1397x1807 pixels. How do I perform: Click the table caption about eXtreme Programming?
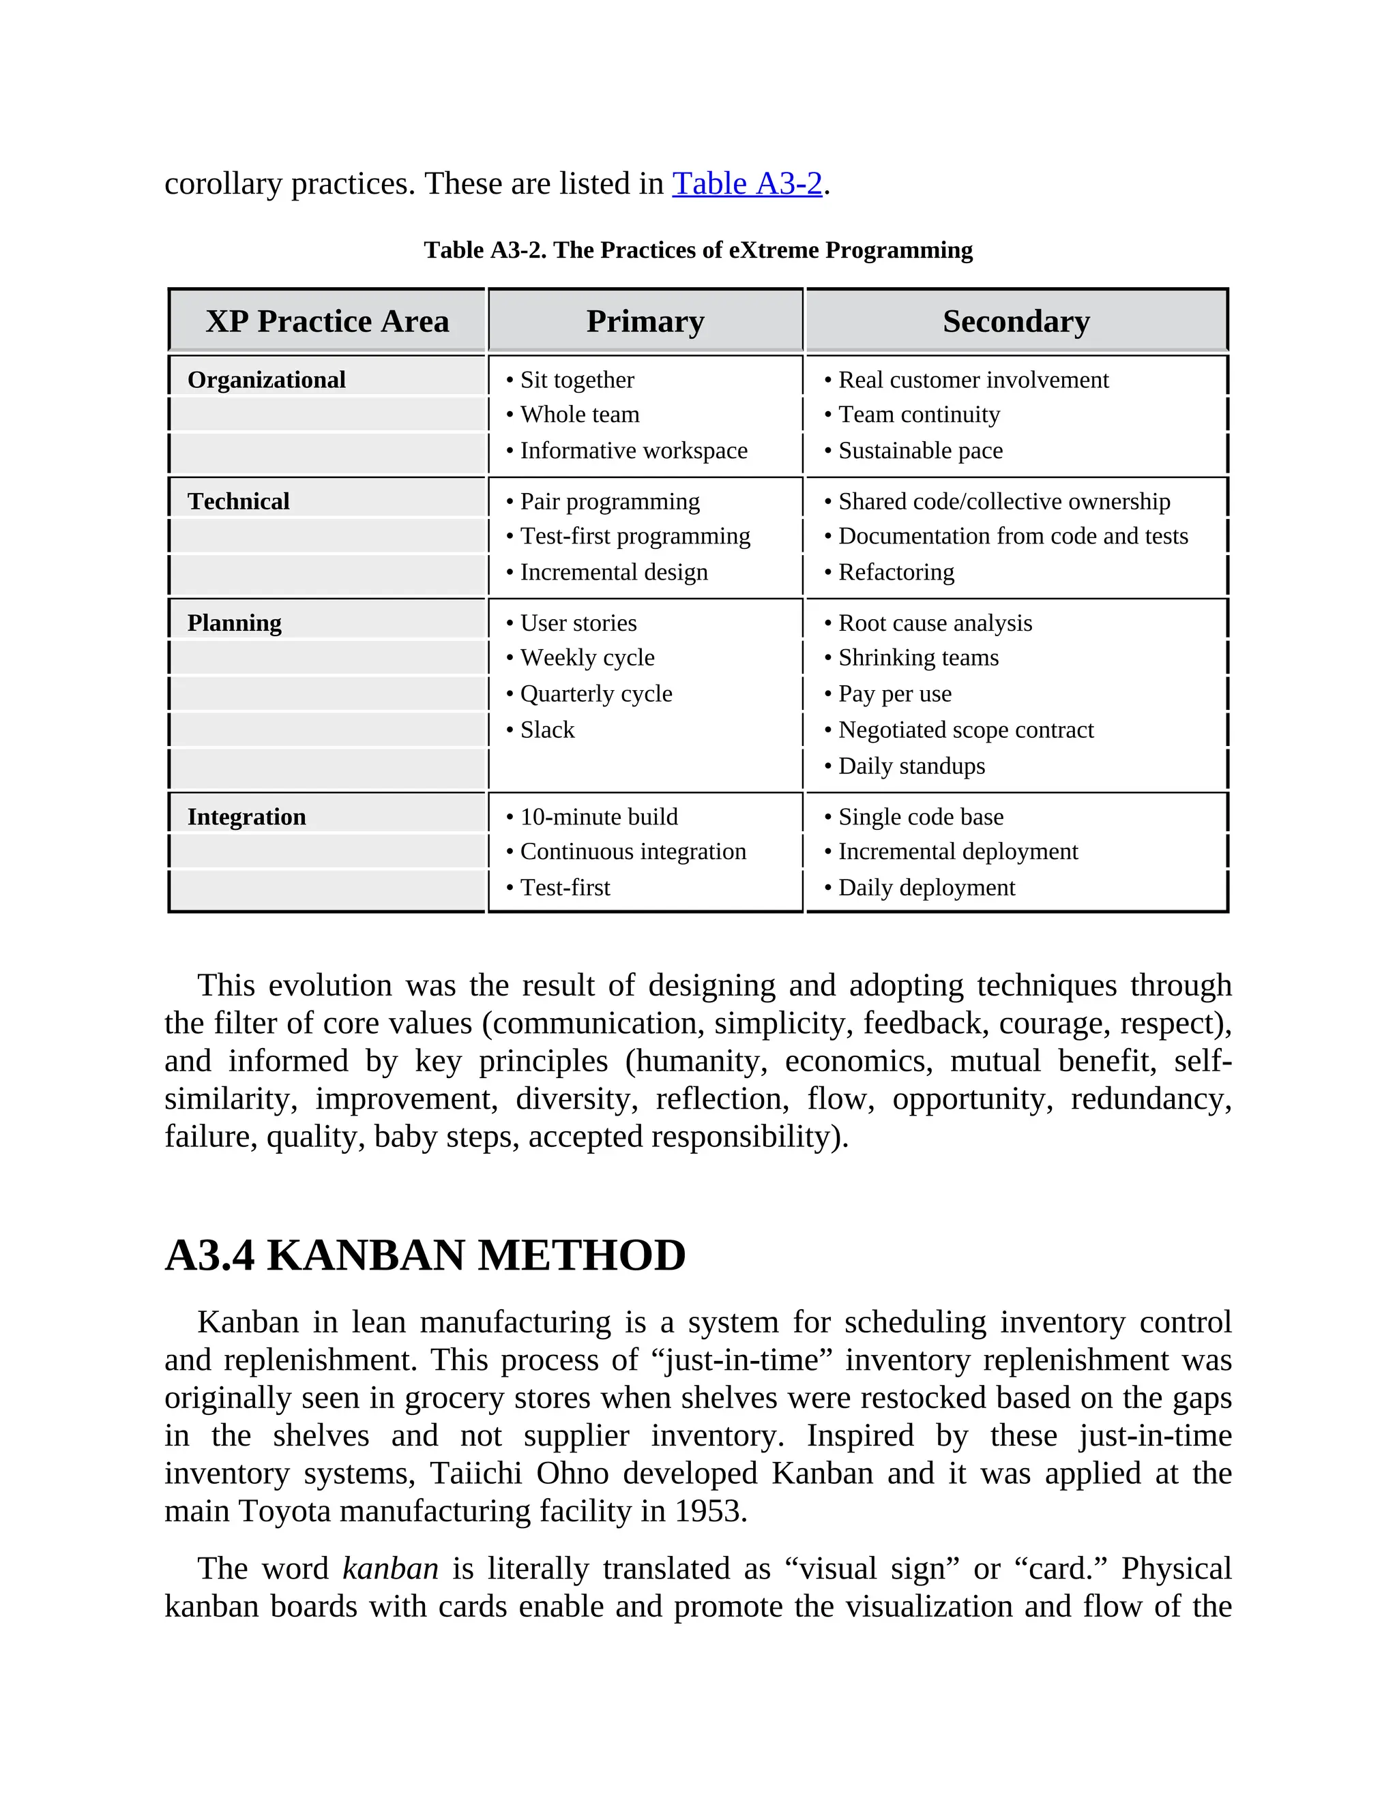[698, 250]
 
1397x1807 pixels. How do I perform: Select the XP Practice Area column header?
[327, 321]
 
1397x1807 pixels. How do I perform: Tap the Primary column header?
[645, 321]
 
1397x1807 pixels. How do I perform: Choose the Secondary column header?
[1016, 321]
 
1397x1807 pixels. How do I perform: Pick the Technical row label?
[238, 501]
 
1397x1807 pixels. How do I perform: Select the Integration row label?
[247, 817]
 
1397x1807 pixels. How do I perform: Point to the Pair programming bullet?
[609, 501]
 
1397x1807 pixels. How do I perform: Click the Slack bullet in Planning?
[546, 730]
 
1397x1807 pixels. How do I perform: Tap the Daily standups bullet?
[911, 766]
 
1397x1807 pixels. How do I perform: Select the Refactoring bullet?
[896, 573]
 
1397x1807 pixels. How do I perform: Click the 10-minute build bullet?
[598, 817]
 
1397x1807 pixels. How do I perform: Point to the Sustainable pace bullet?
[920, 451]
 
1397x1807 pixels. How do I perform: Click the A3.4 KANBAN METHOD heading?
[426, 1255]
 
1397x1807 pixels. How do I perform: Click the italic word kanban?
[389, 1569]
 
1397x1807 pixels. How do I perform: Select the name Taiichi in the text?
[476, 1474]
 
